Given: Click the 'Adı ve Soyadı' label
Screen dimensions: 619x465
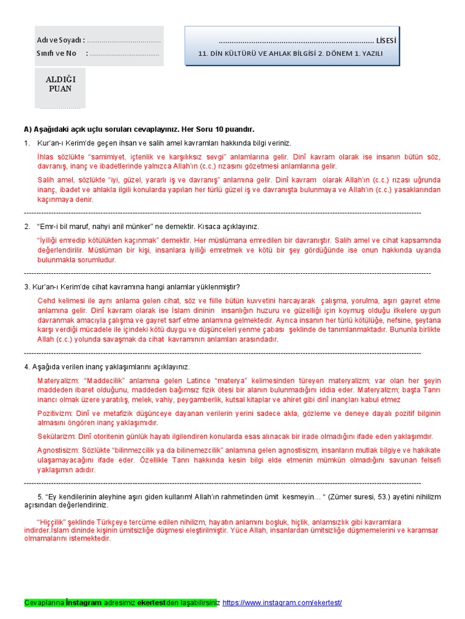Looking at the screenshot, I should (x=61, y=41).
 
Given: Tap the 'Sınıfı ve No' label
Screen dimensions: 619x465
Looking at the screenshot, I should (x=56, y=53).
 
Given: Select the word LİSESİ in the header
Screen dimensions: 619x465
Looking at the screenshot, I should (x=386, y=41).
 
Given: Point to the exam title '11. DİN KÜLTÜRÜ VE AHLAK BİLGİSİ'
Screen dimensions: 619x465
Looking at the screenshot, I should (x=266, y=54).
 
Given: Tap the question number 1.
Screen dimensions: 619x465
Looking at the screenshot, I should (x=27, y=143).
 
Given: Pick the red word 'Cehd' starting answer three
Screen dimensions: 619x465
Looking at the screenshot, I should (x=47, y=300).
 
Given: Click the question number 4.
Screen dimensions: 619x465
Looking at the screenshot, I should (x=27, y=367).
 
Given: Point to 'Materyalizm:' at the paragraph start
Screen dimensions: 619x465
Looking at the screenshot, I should (x=59, y=381).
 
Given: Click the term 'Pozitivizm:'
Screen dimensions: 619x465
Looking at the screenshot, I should (x=57, y=413).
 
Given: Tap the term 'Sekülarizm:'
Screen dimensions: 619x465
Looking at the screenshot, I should (x=58, y=436).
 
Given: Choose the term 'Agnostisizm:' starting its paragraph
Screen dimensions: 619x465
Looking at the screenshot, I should (x=61, y=450).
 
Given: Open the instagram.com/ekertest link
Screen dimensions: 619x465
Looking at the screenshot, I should (x=282, y=603).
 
